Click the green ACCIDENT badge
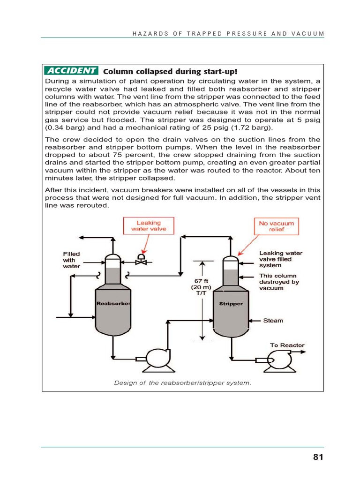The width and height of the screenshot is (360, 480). pos(71,71)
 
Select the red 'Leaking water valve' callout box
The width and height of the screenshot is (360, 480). pos(148,226)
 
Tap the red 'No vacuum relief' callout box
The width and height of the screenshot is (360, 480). pos(276,226)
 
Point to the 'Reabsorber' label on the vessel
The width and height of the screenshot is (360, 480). pos(112,303)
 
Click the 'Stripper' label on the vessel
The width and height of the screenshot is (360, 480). pos(231,303)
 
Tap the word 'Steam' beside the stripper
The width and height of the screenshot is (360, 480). pos(273,321)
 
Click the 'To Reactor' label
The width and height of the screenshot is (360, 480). pos(287,345)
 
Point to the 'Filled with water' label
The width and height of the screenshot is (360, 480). pos(71,260)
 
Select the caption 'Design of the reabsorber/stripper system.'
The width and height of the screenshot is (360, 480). pos(183,382)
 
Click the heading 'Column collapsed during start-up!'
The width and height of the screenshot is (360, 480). pos(170,71)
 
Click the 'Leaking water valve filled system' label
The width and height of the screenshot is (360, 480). pos(281,259)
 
